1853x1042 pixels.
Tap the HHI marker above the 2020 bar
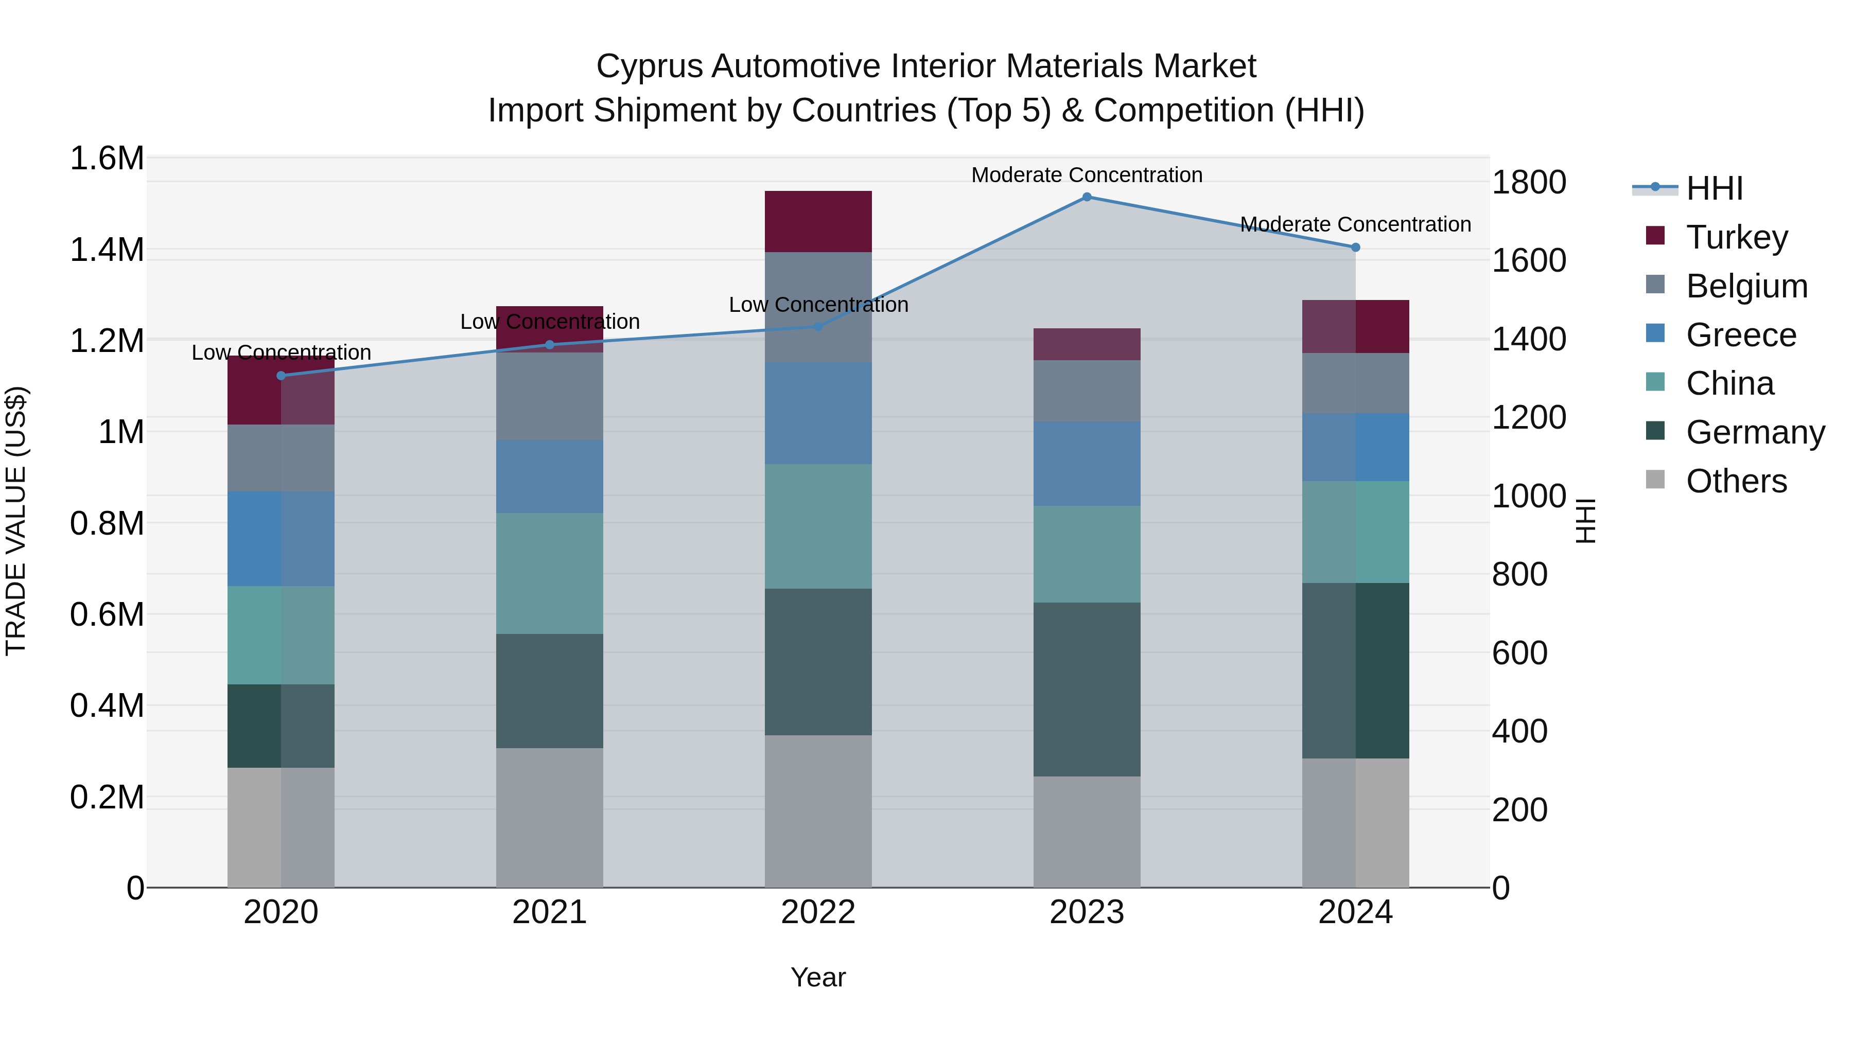[x=281, y=376]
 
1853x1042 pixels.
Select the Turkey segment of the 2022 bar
[x=818, y=221]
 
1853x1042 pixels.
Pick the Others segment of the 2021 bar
[x=550, y=817]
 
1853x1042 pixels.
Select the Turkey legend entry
[x=1737, y=237]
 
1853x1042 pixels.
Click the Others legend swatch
[x=1655, y=480]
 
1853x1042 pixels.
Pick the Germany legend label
[x=1755, y=432]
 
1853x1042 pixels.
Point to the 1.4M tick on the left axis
[x=107, y=250]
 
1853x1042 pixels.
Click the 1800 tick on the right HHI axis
[x=1529, y=183]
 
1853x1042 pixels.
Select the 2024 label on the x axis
[x=1355, y=912]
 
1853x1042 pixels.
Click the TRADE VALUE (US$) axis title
[x=16, y=521]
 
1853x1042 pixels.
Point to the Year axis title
[x=818, y=977]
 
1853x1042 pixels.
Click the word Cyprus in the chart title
[x=649, y=66]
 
